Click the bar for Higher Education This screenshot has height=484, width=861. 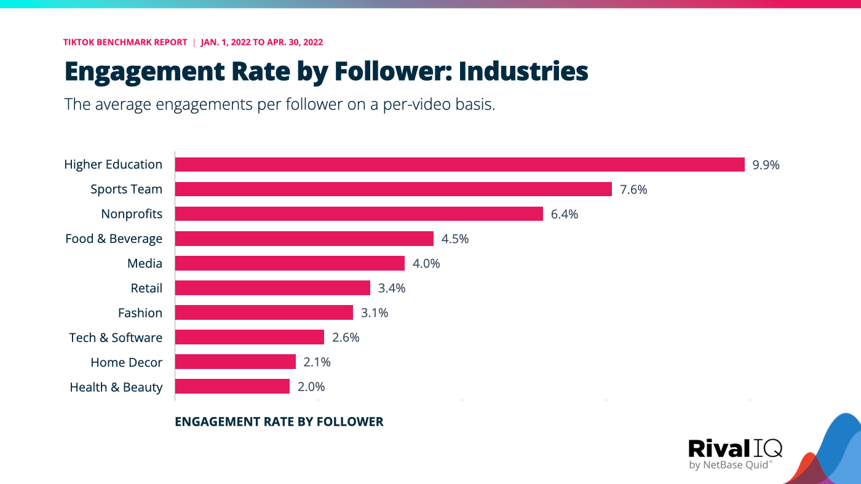click(x=460, y=164)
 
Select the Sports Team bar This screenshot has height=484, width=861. click(x=394, y=189)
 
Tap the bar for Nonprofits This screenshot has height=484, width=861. click(x=359, y=213)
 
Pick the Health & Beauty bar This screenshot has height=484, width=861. click(x=232, y=386)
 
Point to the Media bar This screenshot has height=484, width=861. click(x=290, y=263)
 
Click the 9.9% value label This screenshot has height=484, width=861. click(x=766, y=165)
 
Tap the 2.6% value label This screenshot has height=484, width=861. click(x=345, y=338)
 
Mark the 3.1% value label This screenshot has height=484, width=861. click(x=374, y=313)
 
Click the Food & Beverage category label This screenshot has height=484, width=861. click(x=114, y=239)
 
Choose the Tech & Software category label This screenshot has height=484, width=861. click(x=116, y=338)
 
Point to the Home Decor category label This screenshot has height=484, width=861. click(x=126, y=362)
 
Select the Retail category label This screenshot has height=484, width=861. click(x=146, y=288)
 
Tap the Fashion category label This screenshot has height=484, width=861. click(x=140, y=313)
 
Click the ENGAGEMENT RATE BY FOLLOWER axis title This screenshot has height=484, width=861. click(x=279, y=422)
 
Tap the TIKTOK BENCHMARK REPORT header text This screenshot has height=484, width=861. click(x=125, y=42)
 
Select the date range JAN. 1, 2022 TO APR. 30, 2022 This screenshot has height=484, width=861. click(x=262, y=42)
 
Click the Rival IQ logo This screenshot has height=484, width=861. click(x=735, y=453)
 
